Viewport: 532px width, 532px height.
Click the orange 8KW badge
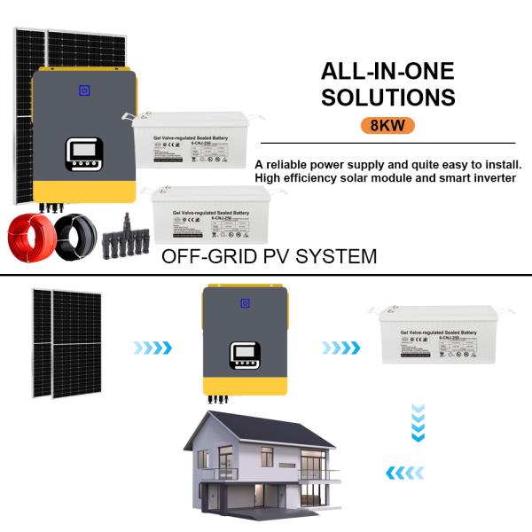click(x=388, y=125)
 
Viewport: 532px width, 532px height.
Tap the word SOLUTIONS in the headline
click(x=388, y=97)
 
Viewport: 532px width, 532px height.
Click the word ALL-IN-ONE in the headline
click(x=387, y=71)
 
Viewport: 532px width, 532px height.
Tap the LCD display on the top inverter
click(x=84, y=156)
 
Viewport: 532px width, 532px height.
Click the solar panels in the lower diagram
click(x=67, y=342)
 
